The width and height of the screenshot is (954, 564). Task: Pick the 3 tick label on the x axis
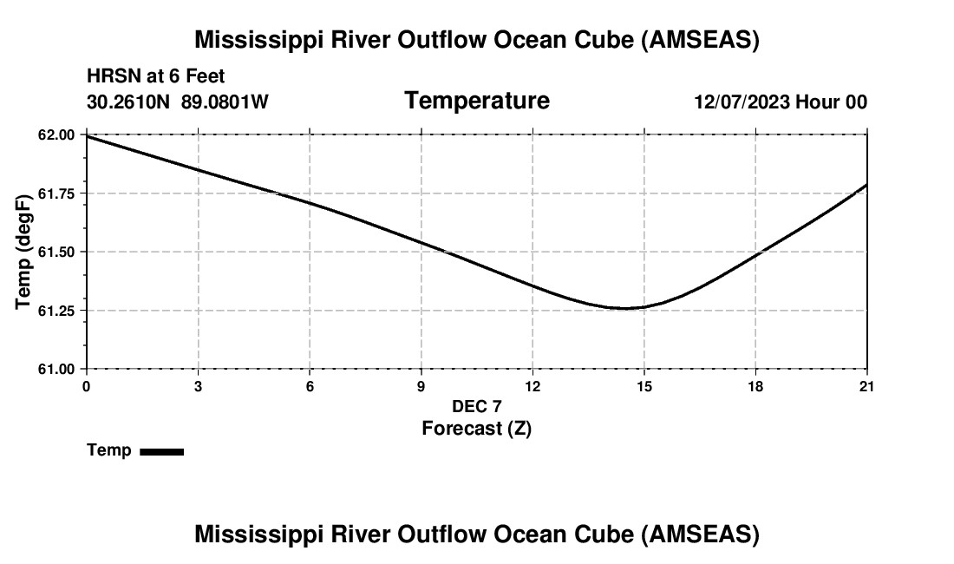(198, 386)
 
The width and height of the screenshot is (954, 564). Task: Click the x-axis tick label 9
(421, 386)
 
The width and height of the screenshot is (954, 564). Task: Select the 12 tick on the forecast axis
(533, 386)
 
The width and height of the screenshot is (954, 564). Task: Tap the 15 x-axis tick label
(644, 386)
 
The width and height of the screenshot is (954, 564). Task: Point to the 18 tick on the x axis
(755, 386)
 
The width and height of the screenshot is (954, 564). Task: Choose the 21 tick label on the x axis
(866, 386)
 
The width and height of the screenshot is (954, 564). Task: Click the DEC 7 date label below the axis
(476, 406)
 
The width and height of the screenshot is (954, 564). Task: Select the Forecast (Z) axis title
(476, 428)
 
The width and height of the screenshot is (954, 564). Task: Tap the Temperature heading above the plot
(476, 101)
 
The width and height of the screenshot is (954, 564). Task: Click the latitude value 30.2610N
(129, 102)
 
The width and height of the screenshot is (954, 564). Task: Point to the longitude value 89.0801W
(225, 102)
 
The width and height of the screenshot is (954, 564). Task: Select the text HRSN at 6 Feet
(155, 76)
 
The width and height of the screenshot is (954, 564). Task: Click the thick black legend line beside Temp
(161, 451)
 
